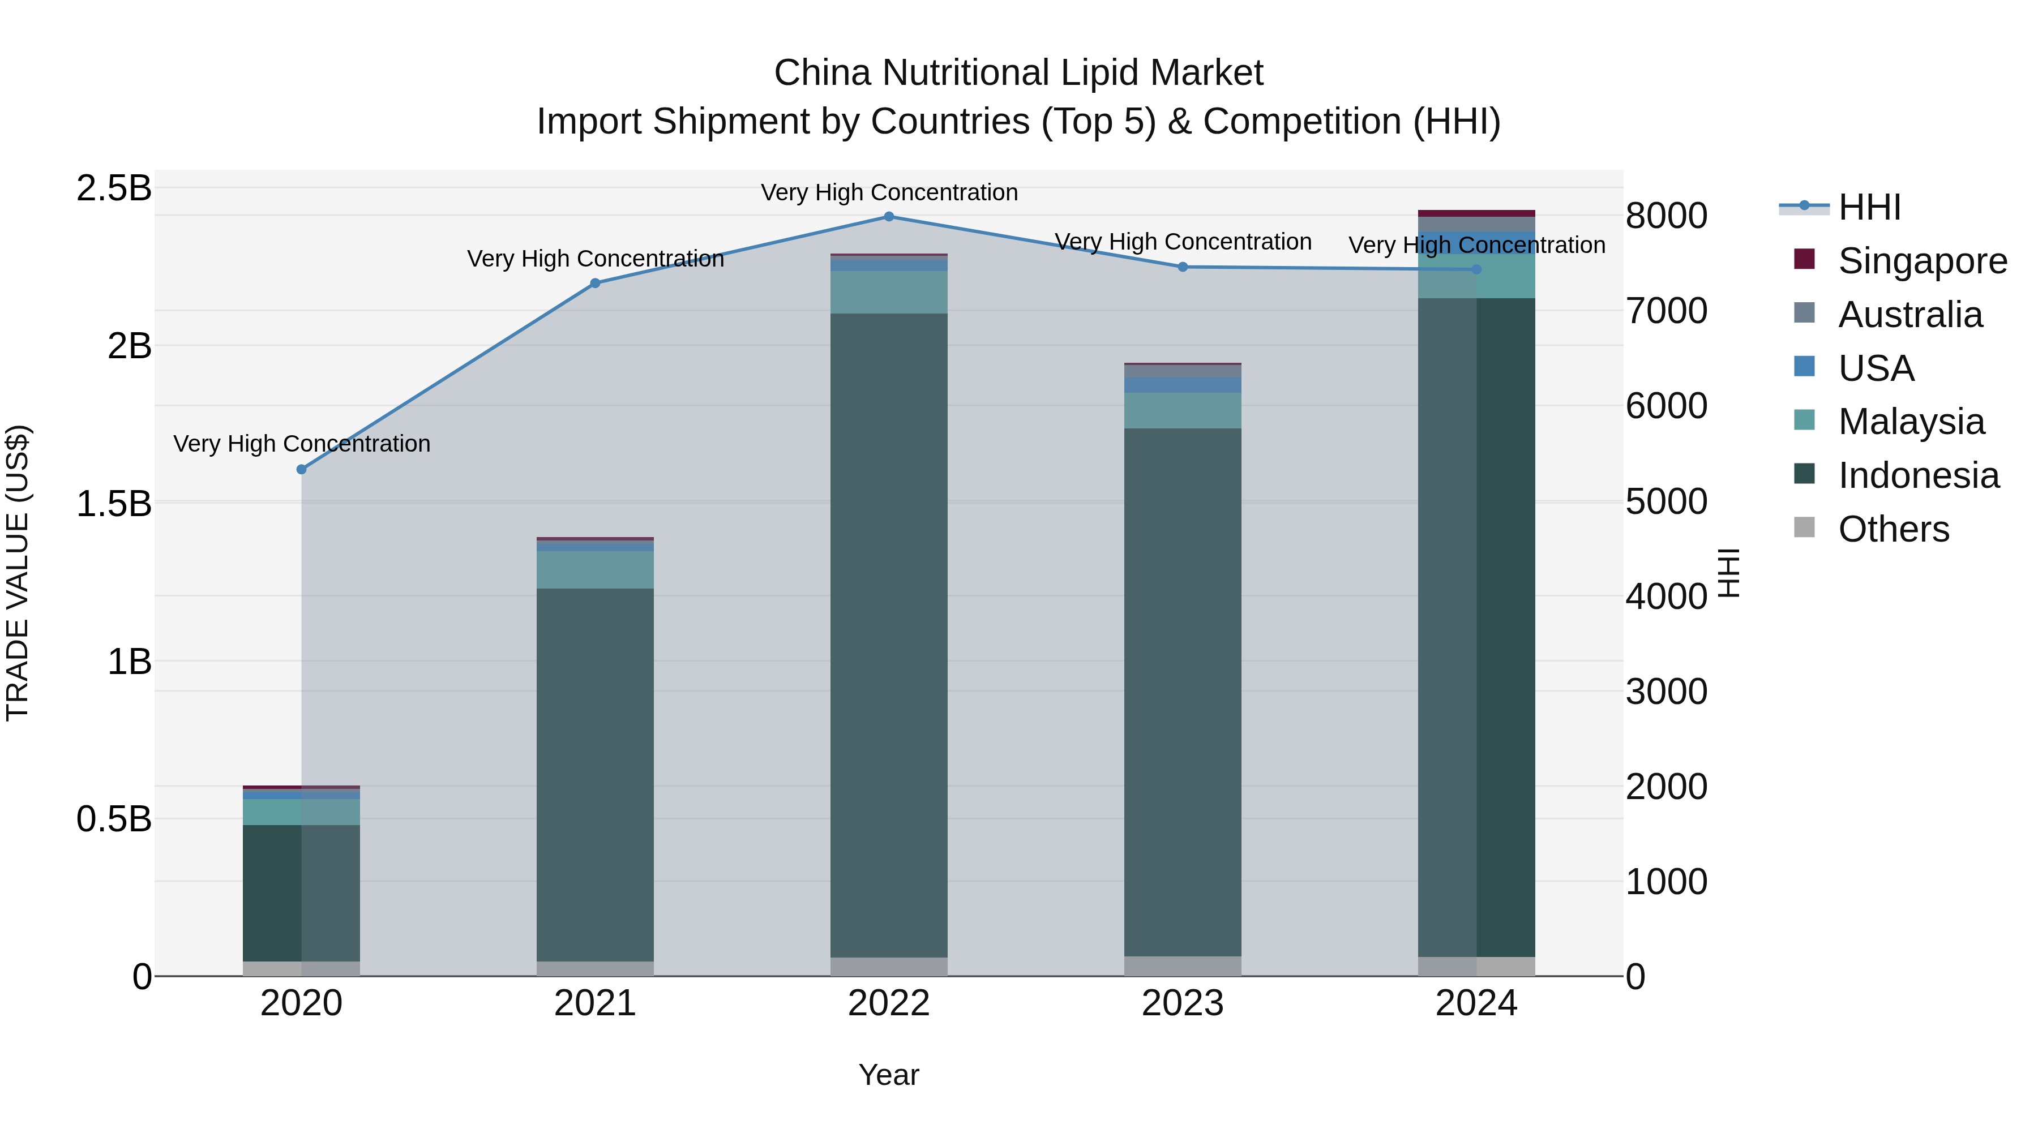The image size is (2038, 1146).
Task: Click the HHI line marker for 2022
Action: pyautogui.click(x=888, y=217)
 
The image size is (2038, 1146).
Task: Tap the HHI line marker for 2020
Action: pyautogui.click(x=301, y=470)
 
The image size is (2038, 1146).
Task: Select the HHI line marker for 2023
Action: pyautogui.click(x=1183, y=267)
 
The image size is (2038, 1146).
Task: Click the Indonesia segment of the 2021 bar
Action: pyautogui.click(x=595, y=775)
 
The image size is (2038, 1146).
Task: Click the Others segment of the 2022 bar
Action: pyautogui.click(x=888, y=967)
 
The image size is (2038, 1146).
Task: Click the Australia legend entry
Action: pyautogui.click(x=1910, y=315)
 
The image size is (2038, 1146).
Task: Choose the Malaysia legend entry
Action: pyautogui.click(x=1911, y=422)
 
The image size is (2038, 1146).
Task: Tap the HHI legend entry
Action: pyautogui.click(x=1869, y=207)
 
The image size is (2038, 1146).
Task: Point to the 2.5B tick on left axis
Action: pyautogui.click(x=114, y=188)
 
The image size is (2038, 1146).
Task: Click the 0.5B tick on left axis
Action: pyautogui.click(x=114, y=819)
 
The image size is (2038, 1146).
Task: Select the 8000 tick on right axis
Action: pyautogui.click(x=1666, y=216)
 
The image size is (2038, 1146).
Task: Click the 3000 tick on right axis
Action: pyautogui.click(x=1666, y=692)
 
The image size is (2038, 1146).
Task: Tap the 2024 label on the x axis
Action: pyautogui.click(x=1476, y=1003)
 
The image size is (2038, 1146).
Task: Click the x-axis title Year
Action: pyautogui.click(x=888, y=1075)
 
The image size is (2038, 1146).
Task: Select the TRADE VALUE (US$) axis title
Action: pyautogui.click(x=18, y=573)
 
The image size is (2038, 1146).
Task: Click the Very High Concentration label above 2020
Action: pyautogui.click(x=301, y=444)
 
